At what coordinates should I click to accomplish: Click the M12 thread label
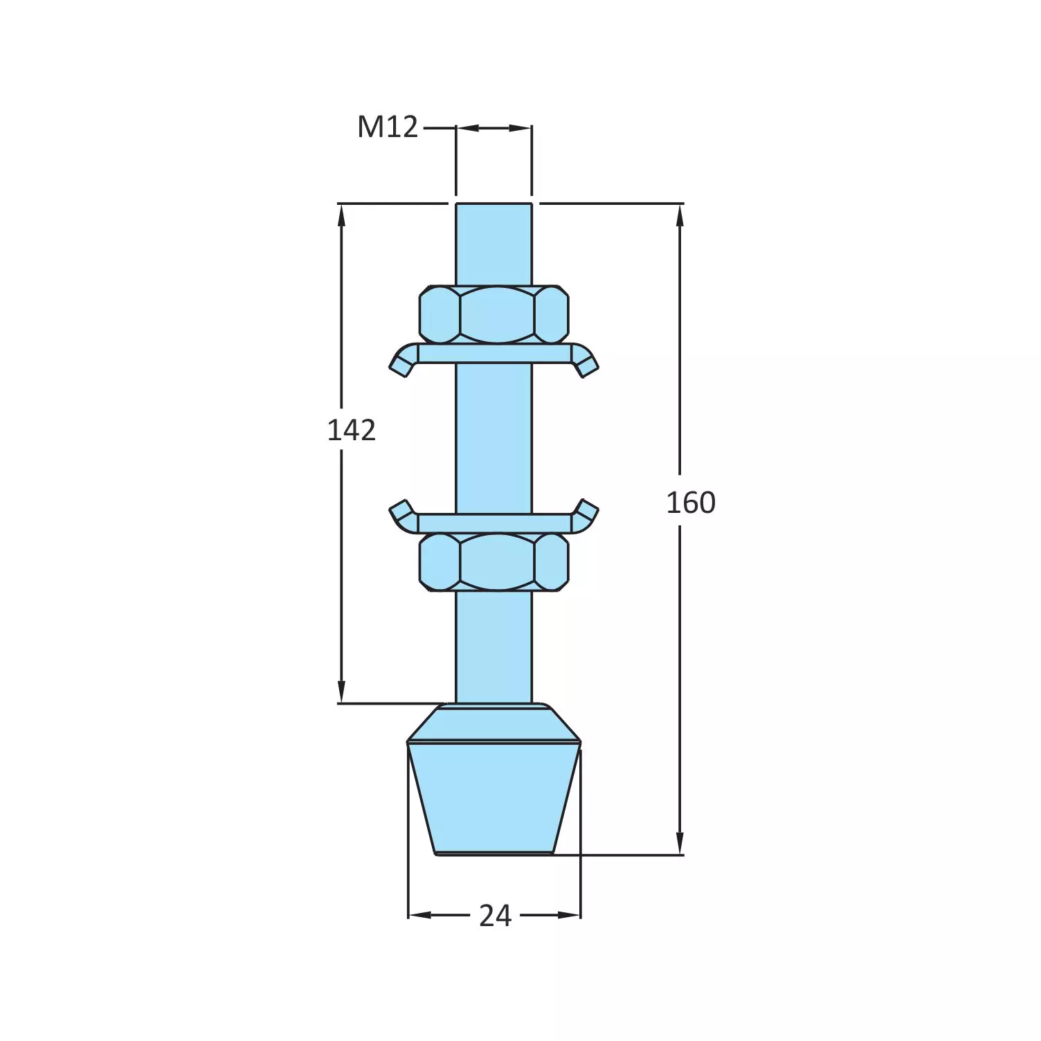point(388,127)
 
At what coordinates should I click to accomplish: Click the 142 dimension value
point(352,431)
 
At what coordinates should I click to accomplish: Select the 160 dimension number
point(690,503)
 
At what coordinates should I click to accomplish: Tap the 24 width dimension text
point(495,916)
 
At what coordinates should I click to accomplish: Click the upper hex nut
point(494,314)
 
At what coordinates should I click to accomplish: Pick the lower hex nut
point(494,561)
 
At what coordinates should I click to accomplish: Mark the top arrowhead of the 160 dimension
point(680,215)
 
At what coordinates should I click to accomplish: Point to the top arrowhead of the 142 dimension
point(341,215)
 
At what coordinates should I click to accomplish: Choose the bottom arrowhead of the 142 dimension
point(341,692)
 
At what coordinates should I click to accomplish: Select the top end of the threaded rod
point(494,208)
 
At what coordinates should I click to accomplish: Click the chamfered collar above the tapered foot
point(494,723)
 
